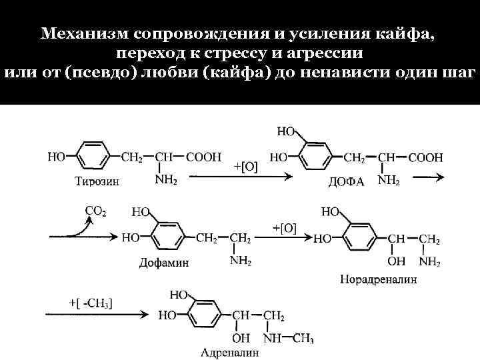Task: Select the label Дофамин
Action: click(x=164, y=263)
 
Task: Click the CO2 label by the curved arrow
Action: click(x=95, y=211)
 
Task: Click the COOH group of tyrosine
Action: click(x=204, y=157)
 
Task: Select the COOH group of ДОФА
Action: click(x=425, y=157)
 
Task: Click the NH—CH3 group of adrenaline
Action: click(x=288, y=339)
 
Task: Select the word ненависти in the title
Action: click(x=343, y=71)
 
